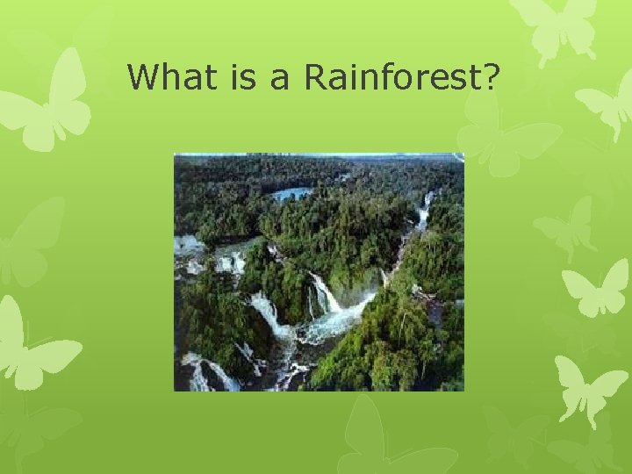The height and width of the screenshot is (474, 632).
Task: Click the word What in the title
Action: [x=170, y=77]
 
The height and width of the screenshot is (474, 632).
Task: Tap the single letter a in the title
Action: [x=280, y=79]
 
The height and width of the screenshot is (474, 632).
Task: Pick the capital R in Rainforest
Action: [x=314, y=77]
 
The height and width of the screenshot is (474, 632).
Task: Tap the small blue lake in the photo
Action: [x=291, y=193]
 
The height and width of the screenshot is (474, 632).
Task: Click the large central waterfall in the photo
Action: [x=321, y=294]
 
